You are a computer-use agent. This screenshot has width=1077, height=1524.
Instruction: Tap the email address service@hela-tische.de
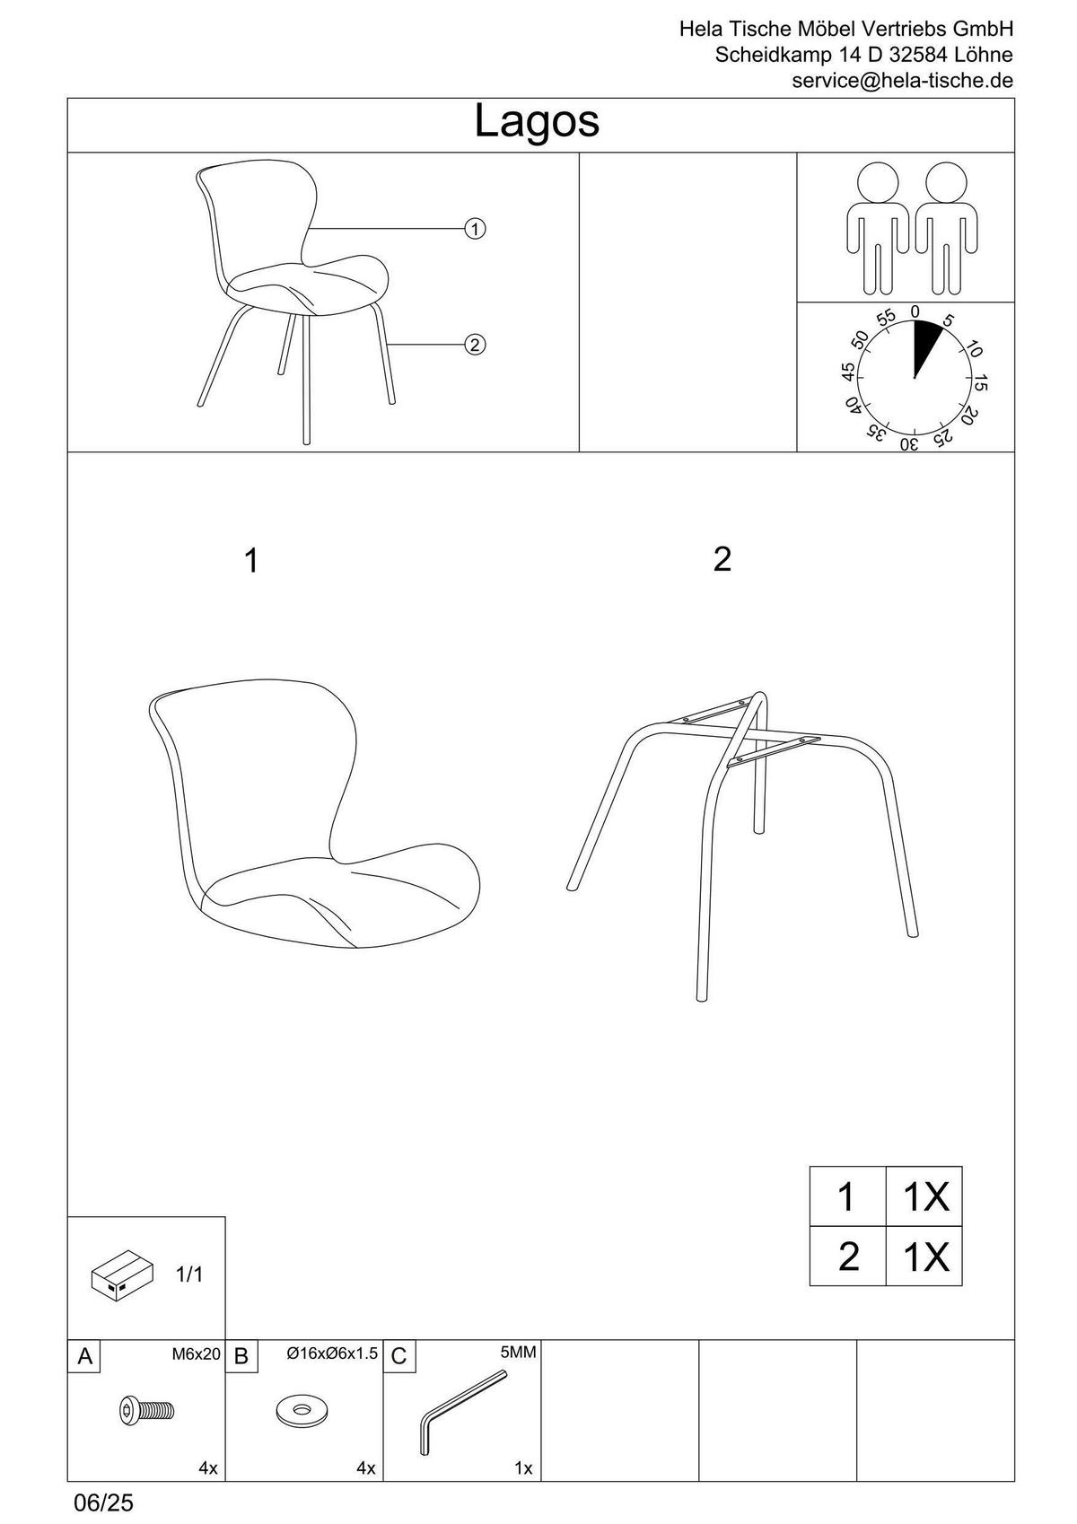902,81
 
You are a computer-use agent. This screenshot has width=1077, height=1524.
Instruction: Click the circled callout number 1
475,229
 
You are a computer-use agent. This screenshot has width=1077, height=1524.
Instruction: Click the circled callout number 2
475,344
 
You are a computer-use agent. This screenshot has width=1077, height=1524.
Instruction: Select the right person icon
944,226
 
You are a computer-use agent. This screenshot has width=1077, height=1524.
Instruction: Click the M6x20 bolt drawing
146,1411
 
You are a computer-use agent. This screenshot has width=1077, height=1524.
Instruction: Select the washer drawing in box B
302,1410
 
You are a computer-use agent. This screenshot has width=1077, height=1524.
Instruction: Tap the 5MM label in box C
518,1353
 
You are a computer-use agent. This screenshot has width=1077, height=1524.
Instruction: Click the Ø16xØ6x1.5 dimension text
332,1353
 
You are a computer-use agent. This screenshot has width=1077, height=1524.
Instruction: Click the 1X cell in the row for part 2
924,1257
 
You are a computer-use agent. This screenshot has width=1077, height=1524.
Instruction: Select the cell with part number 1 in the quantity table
846,1196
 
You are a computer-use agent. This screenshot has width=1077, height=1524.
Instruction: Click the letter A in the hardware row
84,1356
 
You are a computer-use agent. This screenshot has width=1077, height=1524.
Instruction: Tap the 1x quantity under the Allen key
523,1468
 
